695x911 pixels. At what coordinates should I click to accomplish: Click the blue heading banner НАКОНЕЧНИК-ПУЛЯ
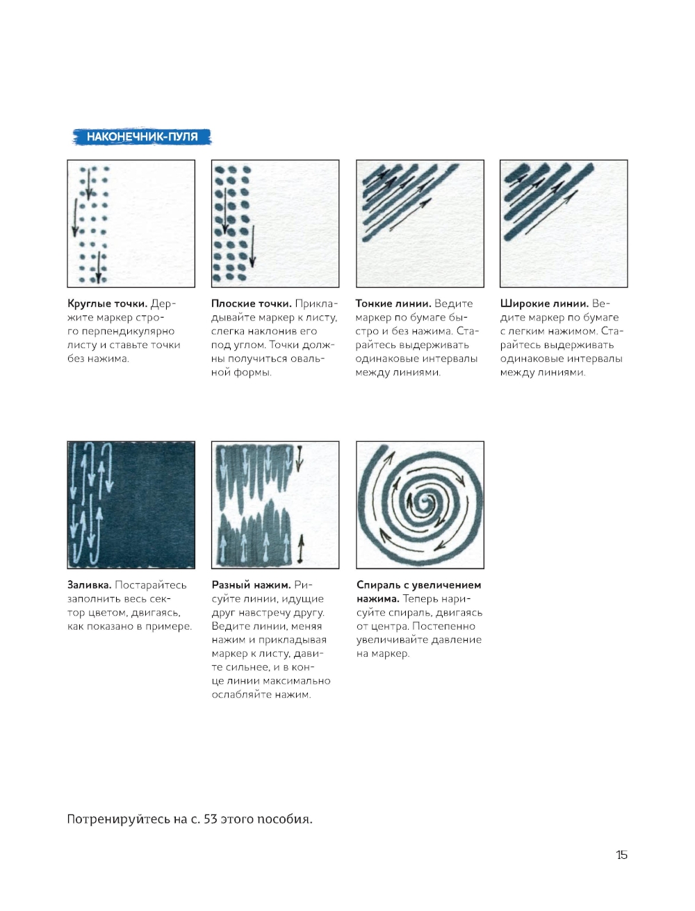(x=142, y=137)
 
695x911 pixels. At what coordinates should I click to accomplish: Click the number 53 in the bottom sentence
(x=211, y=819)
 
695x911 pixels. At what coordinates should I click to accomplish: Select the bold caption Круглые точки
(x=108, y=304)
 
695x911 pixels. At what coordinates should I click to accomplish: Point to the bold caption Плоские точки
(x=252, y=304)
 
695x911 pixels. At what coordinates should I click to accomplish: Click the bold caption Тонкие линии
(x=393, y=304)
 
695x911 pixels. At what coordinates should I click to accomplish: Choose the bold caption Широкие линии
(x=544, y=304)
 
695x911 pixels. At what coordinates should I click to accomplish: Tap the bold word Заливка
(x=90, y=585)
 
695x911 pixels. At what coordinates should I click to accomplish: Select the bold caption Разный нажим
(x=251, y=585)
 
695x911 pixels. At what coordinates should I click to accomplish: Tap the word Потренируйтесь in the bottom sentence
(x=119, y=819)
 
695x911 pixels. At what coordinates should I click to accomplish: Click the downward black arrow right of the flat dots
(x=252, y=247)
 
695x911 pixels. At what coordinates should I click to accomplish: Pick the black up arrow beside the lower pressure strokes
(x=301, y=549)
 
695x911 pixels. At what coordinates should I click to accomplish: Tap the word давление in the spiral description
(x=457, y=639)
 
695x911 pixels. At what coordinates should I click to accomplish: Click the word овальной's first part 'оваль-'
(x=304, y=359)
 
